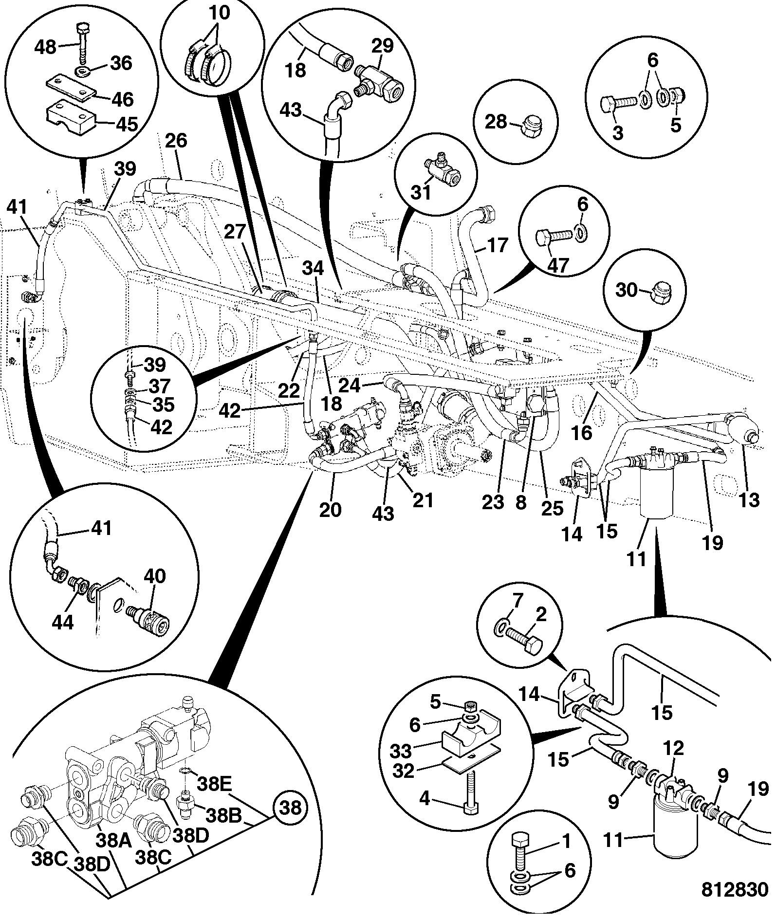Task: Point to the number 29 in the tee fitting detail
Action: [384, 48]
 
